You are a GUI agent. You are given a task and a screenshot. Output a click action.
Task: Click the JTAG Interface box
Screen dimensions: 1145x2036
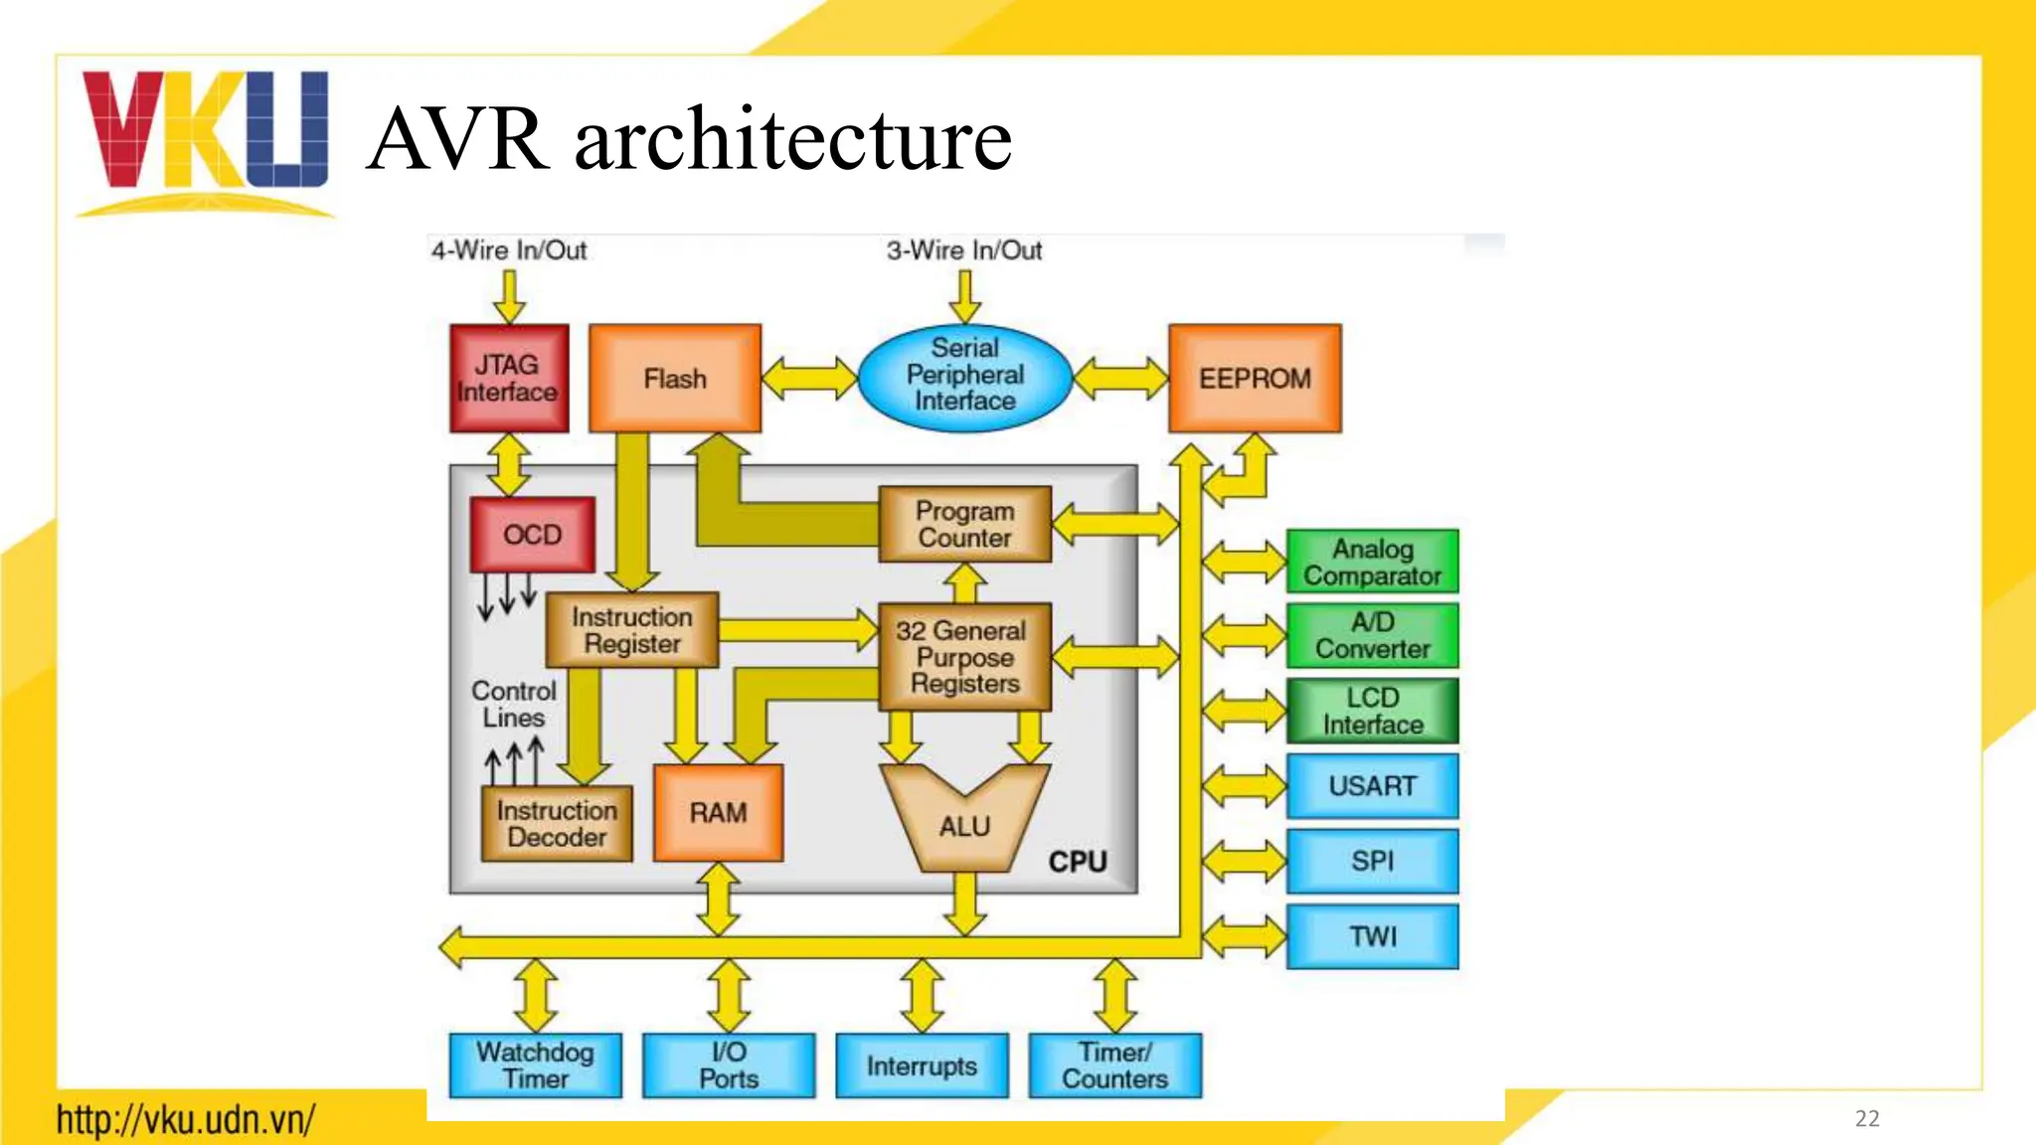click(509, 379)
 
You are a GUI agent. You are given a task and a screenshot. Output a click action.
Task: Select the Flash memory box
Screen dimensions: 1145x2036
click(675, 379)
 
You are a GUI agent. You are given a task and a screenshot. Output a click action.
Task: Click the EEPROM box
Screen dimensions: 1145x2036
click(1255, 379)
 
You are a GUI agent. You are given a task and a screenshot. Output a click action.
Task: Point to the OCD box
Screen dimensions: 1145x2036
click(532, 535)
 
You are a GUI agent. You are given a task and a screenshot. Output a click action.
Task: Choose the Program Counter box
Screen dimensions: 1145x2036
click(964, 525)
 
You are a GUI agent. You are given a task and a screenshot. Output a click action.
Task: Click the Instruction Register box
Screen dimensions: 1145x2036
click(631, 630)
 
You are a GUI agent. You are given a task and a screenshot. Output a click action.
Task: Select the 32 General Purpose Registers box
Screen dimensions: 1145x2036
click(963, 657)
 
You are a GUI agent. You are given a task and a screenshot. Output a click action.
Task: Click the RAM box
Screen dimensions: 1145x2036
click(718, 813)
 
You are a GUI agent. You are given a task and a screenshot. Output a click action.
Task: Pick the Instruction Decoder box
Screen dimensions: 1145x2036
click(557, 824)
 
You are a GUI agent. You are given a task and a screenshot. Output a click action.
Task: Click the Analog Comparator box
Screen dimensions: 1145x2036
click(1372, 562)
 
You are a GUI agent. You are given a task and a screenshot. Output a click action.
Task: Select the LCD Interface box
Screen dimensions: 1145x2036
click(1372, 711)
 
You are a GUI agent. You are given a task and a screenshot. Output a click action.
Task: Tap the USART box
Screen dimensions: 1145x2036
click(1372, 786)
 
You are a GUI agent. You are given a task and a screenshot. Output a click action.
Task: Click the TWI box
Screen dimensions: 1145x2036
click(1372, 936)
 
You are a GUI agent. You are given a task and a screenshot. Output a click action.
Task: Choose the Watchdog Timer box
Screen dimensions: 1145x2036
click(535, 1065)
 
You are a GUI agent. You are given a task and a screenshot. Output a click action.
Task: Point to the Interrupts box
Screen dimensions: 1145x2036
click(922, 1065)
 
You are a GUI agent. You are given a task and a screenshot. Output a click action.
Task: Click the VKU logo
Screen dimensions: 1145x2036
click(205, 134)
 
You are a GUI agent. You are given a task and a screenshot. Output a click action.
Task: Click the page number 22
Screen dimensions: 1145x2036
click(1867, 1118)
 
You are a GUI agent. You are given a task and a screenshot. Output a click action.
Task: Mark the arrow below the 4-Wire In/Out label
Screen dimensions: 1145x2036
click(509, 295)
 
